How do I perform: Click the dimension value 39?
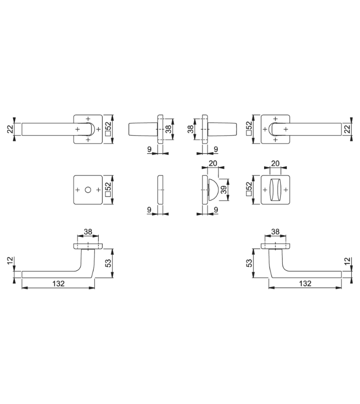[224, 190]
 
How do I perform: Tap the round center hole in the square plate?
[88, 190]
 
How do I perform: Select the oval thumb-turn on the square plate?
[275, 190]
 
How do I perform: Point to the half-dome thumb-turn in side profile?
[213, 190]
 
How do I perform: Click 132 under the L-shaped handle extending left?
[59, 284]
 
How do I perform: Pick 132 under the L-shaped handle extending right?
[305, 284]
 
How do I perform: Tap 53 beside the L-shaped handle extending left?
[108, 263]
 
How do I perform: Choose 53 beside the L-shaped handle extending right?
[249, 263]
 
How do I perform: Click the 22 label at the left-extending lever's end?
[10, 129]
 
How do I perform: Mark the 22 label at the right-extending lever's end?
[348, 129]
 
